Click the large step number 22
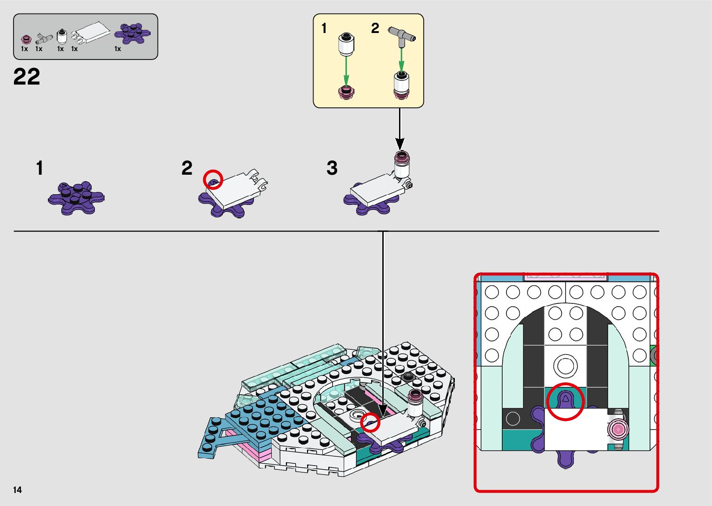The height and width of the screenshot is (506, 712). pos(27,77)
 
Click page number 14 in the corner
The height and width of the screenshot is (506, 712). pos(18,490)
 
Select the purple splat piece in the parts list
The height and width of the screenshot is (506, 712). pos(133,33)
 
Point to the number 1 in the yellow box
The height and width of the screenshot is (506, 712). pos(324,29)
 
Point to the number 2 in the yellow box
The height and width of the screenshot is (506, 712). pos(375,28)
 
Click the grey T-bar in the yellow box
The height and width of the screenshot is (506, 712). pos(400,34)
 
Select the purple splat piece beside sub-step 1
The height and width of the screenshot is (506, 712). pos(76,197)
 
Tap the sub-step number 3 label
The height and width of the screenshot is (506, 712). pos(332,168)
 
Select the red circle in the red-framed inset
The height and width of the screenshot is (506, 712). pos(565,401)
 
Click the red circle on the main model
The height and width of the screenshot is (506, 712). pos(370,421)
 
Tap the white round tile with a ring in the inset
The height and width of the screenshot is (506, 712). pos(565,365)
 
